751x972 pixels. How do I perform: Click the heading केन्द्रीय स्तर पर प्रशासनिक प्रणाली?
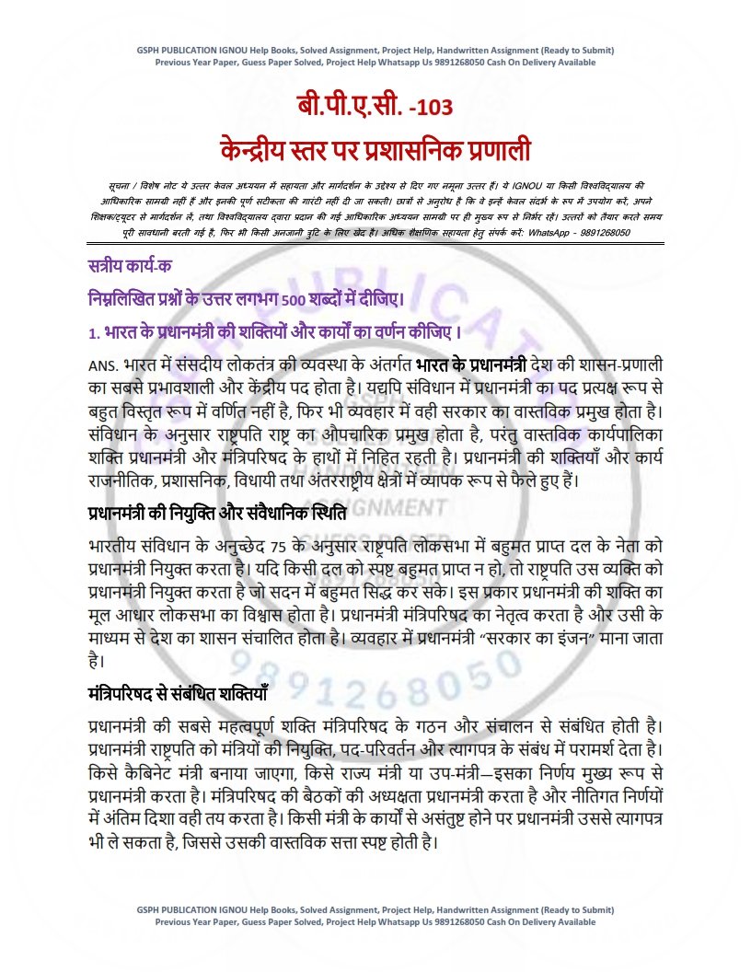[375, 147]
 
